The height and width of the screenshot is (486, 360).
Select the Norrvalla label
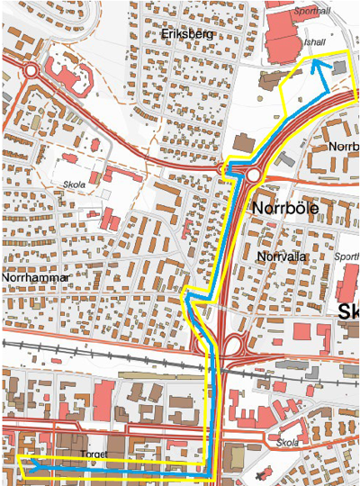coord(282,256)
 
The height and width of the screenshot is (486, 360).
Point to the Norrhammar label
coord(35,278)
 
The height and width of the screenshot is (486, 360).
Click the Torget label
coord(94,454)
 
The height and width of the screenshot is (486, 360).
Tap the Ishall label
coord(314,42)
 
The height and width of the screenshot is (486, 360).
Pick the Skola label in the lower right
coord(288,444)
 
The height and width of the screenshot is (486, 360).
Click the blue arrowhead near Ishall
coord(317,65)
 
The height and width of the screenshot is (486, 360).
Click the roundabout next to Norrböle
coord(254,175)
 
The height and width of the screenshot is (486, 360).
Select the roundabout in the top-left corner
coord(31,69)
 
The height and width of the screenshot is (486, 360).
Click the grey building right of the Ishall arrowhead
coord(339,67)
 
